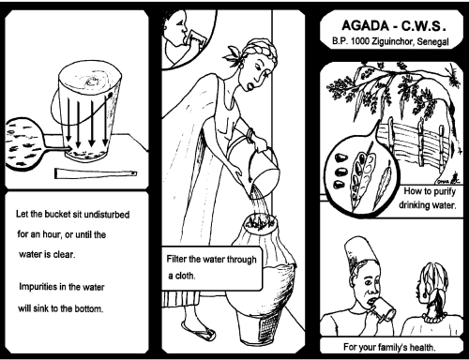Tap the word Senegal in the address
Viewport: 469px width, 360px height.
(x=433, y=42)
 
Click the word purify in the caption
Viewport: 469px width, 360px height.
(x=445, y=192)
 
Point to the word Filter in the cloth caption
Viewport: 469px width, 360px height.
(x=176, y=259)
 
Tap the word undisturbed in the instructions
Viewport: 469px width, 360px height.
(x=107, y=215)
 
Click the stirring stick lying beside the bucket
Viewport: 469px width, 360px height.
(x=96, y=173)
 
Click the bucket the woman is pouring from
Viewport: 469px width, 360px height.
(x=254, y=166)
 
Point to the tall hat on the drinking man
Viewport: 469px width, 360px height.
(x=360, y=249)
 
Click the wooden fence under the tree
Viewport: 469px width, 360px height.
(x=416, y=143)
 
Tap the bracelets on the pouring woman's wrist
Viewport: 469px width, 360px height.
(x=250, y=135)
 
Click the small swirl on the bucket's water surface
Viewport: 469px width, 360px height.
(x=92, y=82)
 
